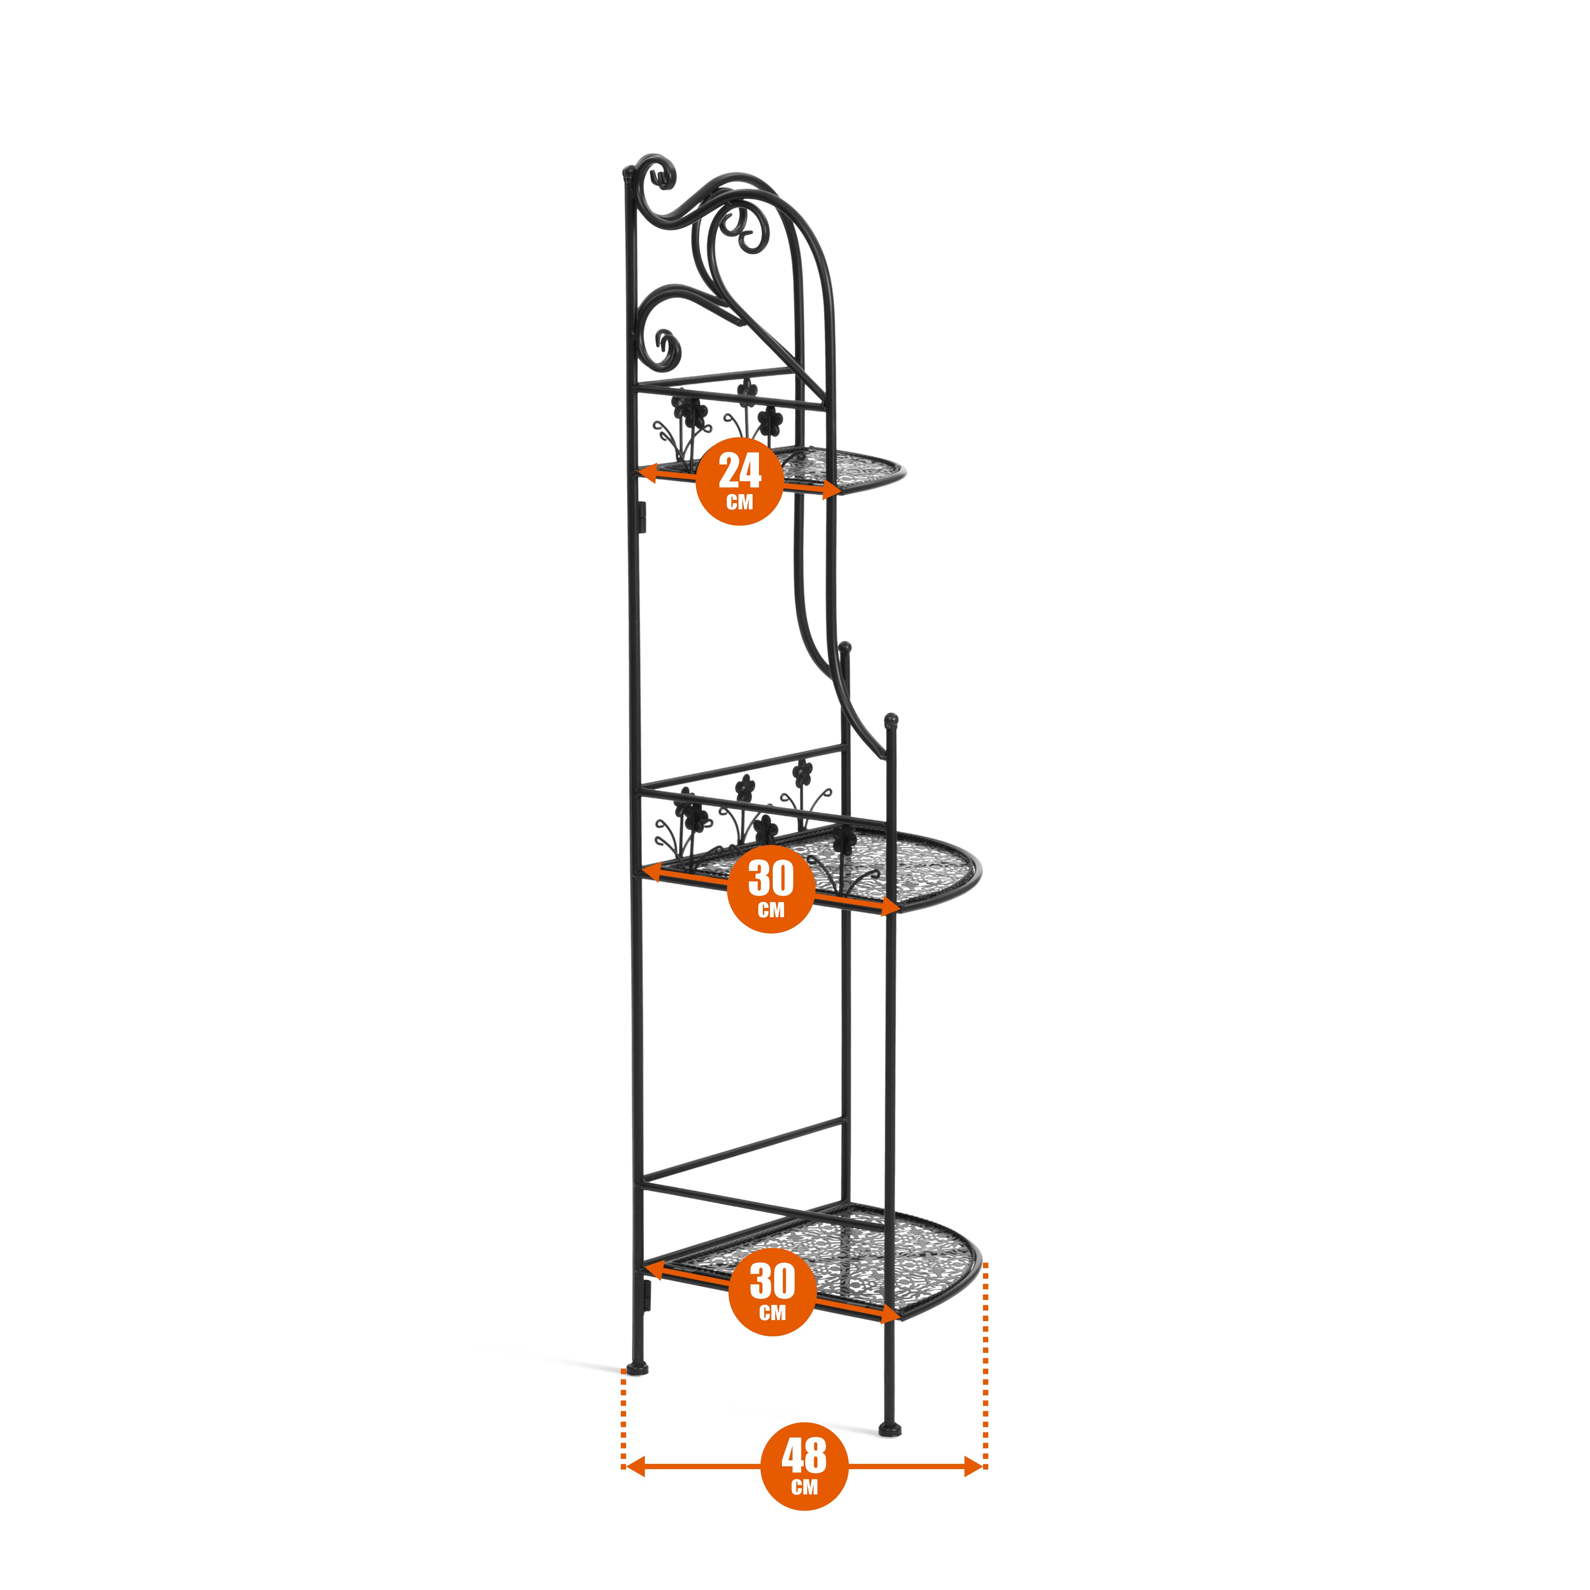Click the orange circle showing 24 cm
(x=739, y=482)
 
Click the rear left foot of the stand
(x=637, y=1368)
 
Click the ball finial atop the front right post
(x=890, y=722)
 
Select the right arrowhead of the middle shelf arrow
(x=890, y=907)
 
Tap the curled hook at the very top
(x=658, y=173)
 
